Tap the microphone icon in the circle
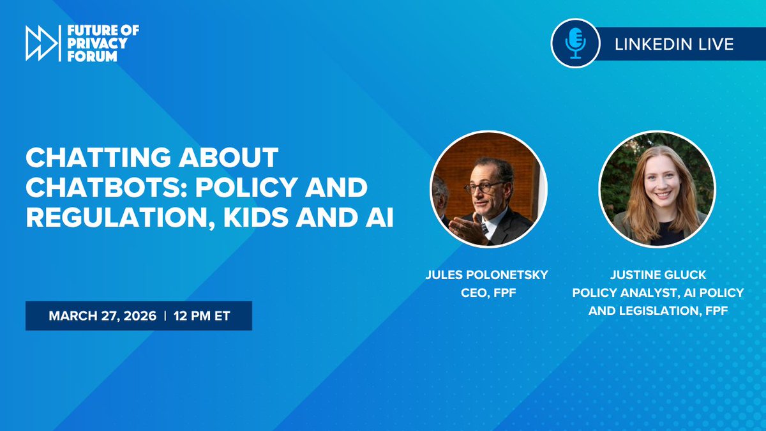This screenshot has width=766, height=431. [576, 43]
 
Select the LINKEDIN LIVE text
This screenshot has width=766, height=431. [673, 44]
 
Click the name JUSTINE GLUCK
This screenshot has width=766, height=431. [657, 275]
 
